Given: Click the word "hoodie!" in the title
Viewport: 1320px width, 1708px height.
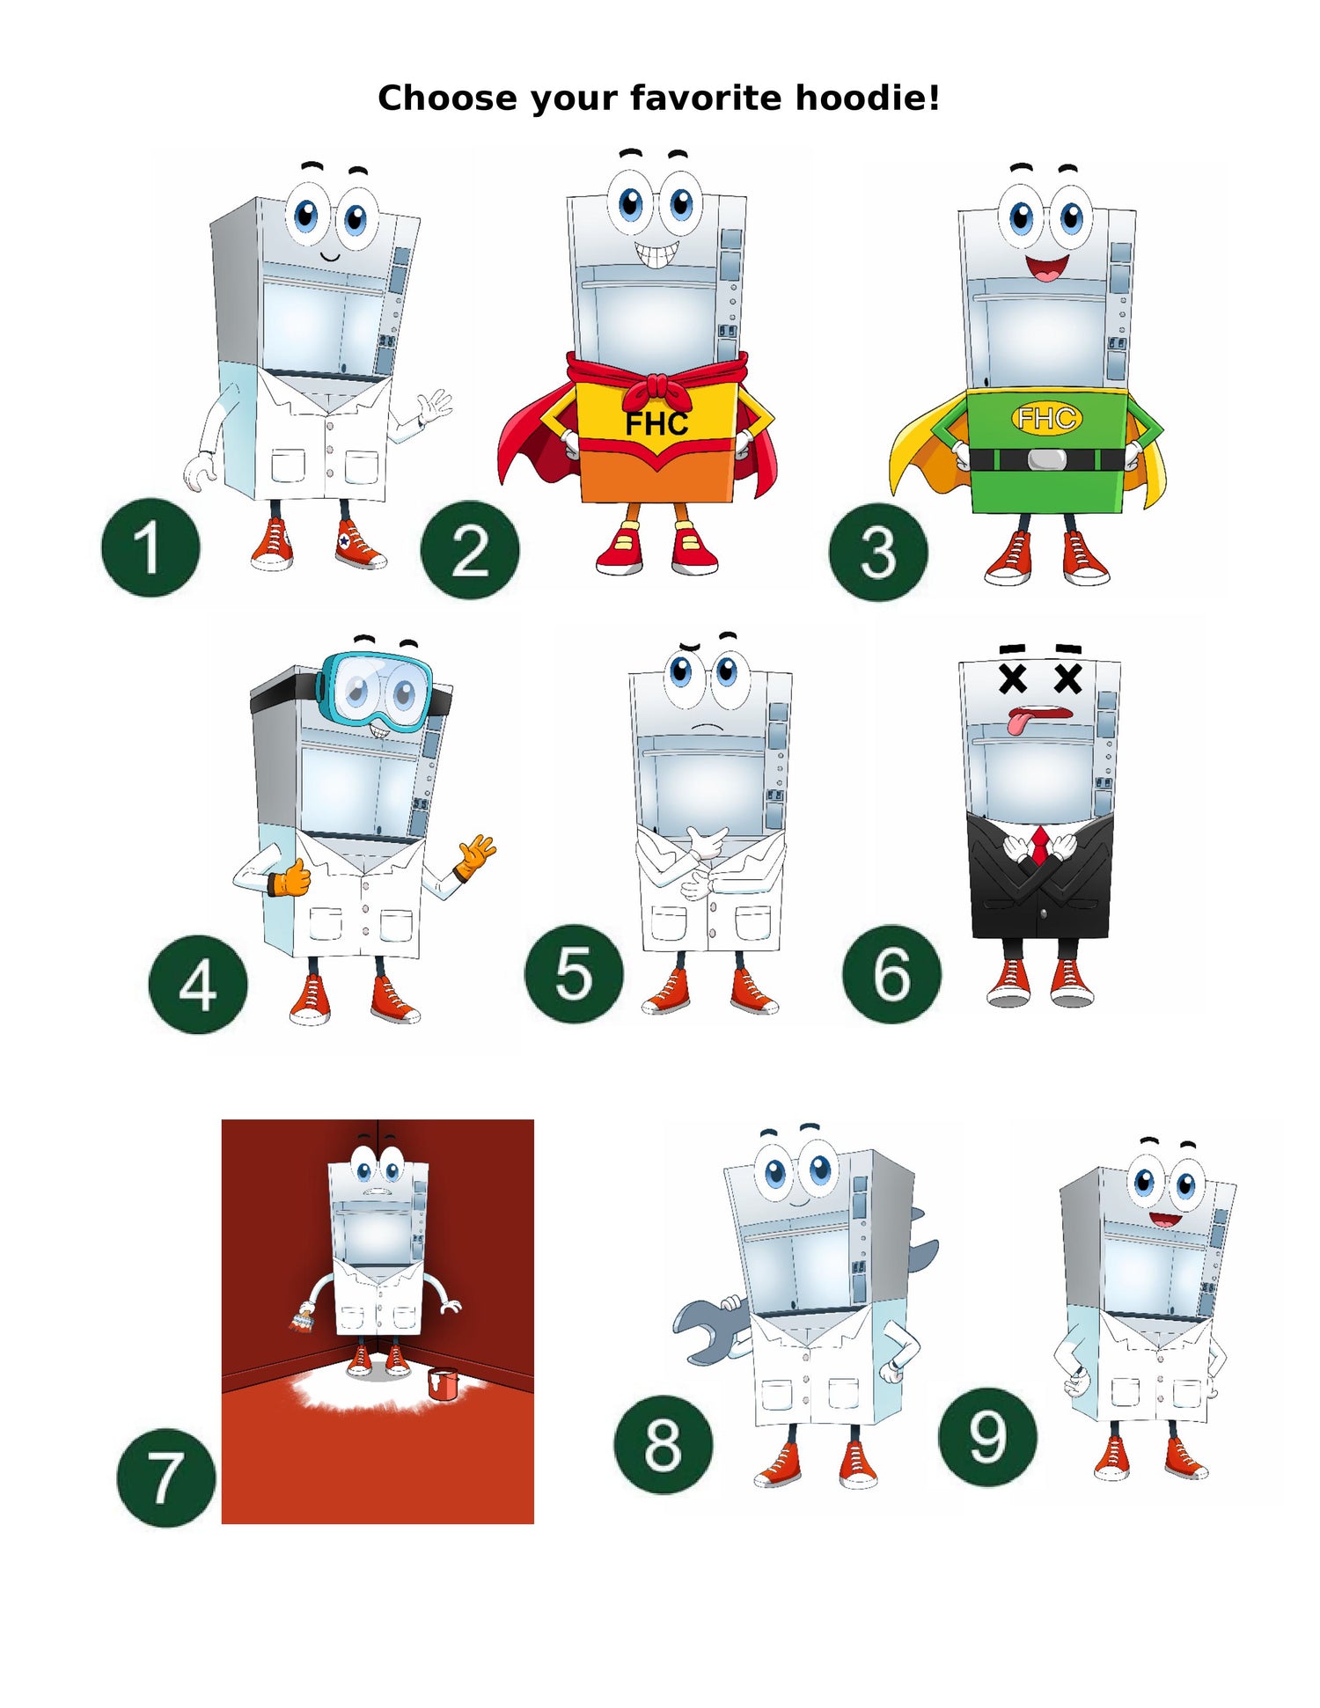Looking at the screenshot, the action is pos(868,98).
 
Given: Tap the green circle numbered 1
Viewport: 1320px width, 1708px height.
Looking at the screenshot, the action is pos(150,547).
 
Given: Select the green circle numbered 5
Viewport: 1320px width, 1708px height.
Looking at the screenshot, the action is pos(574,973).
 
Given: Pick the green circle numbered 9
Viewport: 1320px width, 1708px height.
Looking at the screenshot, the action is pos(987,1437).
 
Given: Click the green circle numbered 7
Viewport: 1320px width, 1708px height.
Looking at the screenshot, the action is pos(166,1477).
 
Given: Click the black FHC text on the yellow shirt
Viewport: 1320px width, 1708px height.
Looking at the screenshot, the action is pos(656,424).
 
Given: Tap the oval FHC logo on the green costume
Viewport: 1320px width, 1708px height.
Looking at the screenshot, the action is pos(1046,418).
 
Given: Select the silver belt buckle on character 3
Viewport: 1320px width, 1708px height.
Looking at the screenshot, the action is pos(1046,459).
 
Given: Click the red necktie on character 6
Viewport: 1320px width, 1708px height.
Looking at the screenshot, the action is pos(1040,846).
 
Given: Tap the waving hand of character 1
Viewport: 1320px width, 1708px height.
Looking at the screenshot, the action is pos(435,407).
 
